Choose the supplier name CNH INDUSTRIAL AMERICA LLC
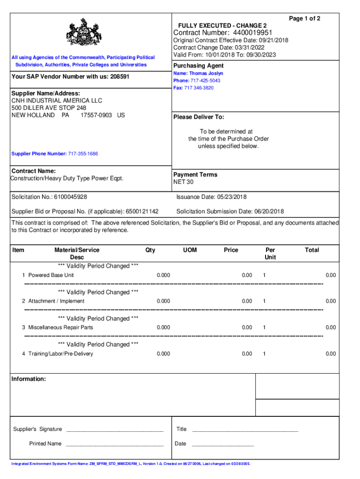[57, 101]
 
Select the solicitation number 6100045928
[70, 197]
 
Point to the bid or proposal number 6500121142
[142, 211]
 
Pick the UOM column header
[190, 250]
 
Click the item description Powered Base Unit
[51, 275]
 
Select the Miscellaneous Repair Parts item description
[60, 327]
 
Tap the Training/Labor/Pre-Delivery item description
[60, 354]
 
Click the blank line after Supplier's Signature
[115, 429]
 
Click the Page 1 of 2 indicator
[304, 18]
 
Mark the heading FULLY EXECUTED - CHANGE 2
[222, 25]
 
